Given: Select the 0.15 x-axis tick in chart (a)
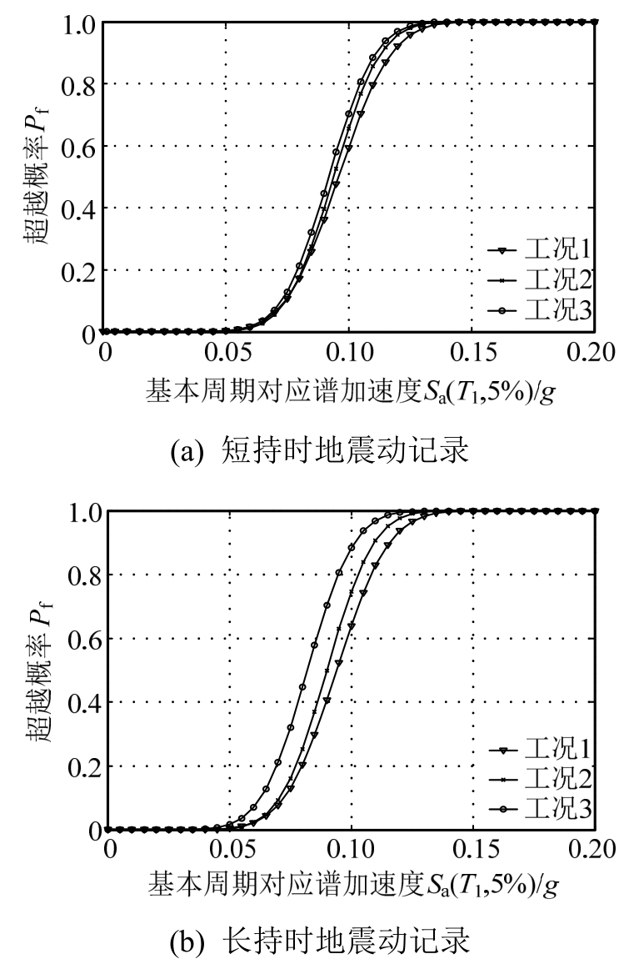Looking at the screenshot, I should pos(472,352).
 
